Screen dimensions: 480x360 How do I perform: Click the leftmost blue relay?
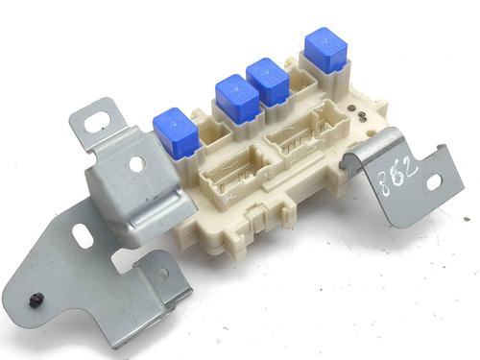pos(177,132)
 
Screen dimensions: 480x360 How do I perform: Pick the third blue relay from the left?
pos(268,82)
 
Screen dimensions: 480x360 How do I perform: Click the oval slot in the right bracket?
pos(434,183)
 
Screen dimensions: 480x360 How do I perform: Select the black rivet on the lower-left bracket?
pos(35,300)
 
